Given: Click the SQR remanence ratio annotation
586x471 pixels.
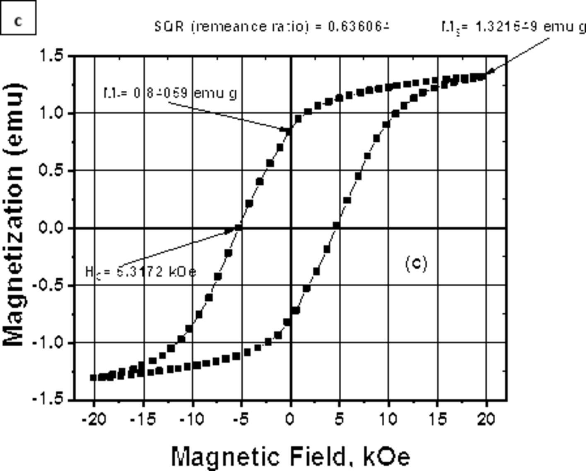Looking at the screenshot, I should point(272,27).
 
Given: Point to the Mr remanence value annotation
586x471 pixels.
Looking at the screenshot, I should point(170,93).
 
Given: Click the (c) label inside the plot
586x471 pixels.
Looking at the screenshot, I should point(416,263).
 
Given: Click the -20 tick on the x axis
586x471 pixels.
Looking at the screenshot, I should point(94,420).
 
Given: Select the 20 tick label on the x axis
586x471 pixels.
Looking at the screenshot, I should point(486,420).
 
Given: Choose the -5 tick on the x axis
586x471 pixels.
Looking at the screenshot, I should point(241,420).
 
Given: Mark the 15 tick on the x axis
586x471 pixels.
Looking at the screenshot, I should point(437,420).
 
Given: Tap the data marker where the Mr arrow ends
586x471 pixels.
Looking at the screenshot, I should point(289,130).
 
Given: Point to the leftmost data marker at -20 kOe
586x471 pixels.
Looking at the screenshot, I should point(94,377).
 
